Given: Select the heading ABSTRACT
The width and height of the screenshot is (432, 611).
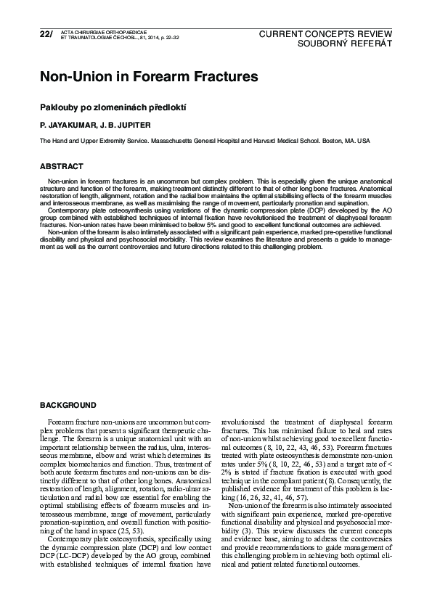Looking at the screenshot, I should (x=61, y=166).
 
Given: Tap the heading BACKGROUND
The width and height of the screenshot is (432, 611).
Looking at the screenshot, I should (x=68, y=404).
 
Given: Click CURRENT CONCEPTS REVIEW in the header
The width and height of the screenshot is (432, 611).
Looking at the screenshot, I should (x=325, y=34).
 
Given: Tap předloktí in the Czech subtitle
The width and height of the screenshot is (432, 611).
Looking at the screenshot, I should (x=168, y=107).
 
